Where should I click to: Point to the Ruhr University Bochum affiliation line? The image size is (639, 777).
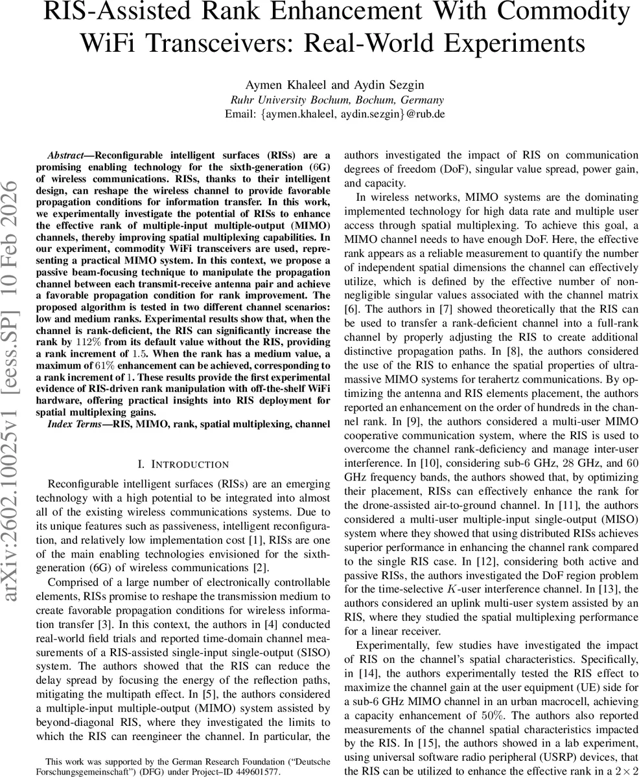click(x=337, y=100)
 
